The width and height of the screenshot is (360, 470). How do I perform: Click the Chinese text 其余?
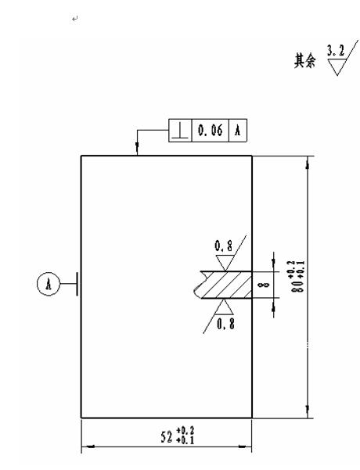tap(304, 61)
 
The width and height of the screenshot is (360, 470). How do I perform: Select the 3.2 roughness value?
tap(336, 50)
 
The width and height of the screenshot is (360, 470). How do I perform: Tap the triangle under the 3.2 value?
tap(337, 66)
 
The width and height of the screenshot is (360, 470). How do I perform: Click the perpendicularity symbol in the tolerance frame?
tap(180, 131)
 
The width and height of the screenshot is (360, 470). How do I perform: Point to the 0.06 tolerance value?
tap(211, 131)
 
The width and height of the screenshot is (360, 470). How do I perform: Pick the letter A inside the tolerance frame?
tap(238, 131)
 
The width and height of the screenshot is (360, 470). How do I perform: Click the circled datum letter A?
tap(49, 284)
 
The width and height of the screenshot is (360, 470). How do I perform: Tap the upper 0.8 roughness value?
tap(224, 246)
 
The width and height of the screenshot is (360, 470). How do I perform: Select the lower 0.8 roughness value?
tap(225, 324)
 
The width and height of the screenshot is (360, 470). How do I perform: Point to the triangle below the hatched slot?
tap(225, 306)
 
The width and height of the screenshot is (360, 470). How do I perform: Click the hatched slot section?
tap(224, 285)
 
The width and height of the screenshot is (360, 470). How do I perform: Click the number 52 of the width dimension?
tap(167, 437)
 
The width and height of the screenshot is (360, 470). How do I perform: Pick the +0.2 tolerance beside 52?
tap(185, 431)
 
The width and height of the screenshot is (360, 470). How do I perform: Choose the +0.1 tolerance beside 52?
tap(185, 440)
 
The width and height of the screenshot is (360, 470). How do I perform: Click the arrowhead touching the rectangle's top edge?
tap(138, 149)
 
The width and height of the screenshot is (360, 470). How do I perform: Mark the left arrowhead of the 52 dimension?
tap(88, 447)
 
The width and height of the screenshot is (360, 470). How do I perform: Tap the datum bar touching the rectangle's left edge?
tap(77, 284)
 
